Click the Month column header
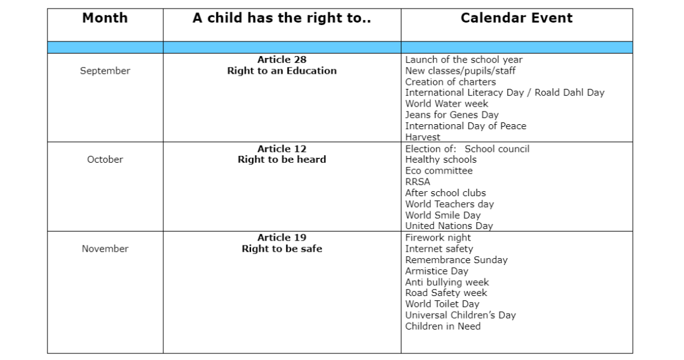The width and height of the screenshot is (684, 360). pos(105,18)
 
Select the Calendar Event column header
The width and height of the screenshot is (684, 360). pos(517,18)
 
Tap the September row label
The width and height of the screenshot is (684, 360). pos(105,71)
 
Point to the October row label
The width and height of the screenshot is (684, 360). pos(105,160)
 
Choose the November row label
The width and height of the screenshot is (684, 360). pos(105,249)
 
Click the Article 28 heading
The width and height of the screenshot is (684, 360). pos(281,60)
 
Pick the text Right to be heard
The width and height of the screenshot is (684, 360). pos(281,160)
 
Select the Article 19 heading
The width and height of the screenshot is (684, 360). pos(281,238)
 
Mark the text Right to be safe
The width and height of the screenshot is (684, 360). pos(281,249)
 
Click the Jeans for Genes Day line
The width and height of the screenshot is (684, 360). pos(451,115)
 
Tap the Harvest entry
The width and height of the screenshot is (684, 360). pos(422,137)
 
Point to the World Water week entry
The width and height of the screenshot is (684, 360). pos(446,104)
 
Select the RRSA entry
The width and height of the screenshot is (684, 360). pos(417,182)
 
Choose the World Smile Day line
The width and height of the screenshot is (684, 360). pos(443,215)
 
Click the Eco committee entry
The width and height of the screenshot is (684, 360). pos(439,171)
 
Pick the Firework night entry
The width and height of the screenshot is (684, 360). pos(438,238)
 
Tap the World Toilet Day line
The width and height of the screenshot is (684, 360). pos(442,304)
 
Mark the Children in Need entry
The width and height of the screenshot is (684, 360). pos(443,326)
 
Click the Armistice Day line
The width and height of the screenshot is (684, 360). pos(436,271)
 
